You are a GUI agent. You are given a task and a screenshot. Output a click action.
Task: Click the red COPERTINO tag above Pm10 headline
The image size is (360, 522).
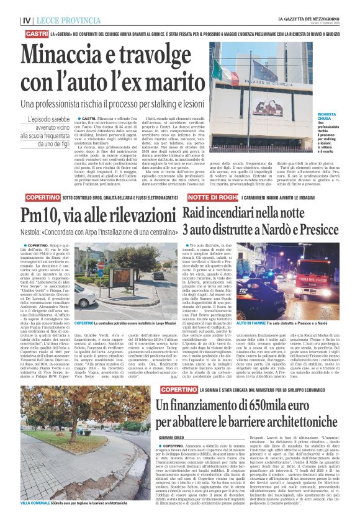37,197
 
